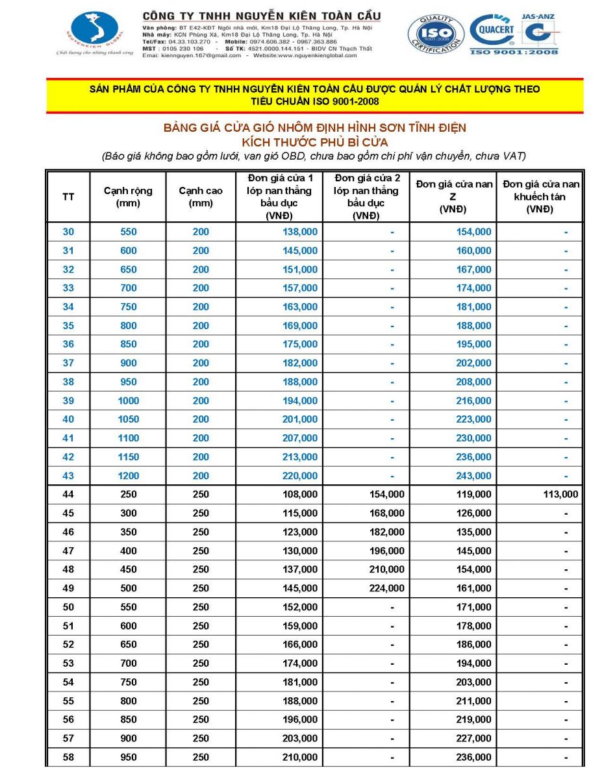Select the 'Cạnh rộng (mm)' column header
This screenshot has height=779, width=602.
coord(129,197)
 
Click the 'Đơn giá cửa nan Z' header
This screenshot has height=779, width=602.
coord(454,197)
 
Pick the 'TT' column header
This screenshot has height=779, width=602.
coord(68,197)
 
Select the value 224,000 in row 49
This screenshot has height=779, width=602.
coord(386,588)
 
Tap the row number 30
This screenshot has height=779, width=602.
coord(68,232)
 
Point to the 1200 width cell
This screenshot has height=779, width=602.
coord(129,476)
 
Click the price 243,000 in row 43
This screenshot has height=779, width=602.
coord(474,476)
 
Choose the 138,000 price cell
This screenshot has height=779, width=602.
coord(300,232)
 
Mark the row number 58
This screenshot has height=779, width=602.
coord(68,758)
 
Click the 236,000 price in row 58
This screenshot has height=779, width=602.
coord(474,758)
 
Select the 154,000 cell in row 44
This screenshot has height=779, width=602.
coord(386,495)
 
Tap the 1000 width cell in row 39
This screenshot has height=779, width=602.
coord(129,401)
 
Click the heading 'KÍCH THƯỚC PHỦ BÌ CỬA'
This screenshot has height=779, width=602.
coord(314,141)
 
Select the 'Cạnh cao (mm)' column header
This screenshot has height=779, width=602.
coord(201,197)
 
